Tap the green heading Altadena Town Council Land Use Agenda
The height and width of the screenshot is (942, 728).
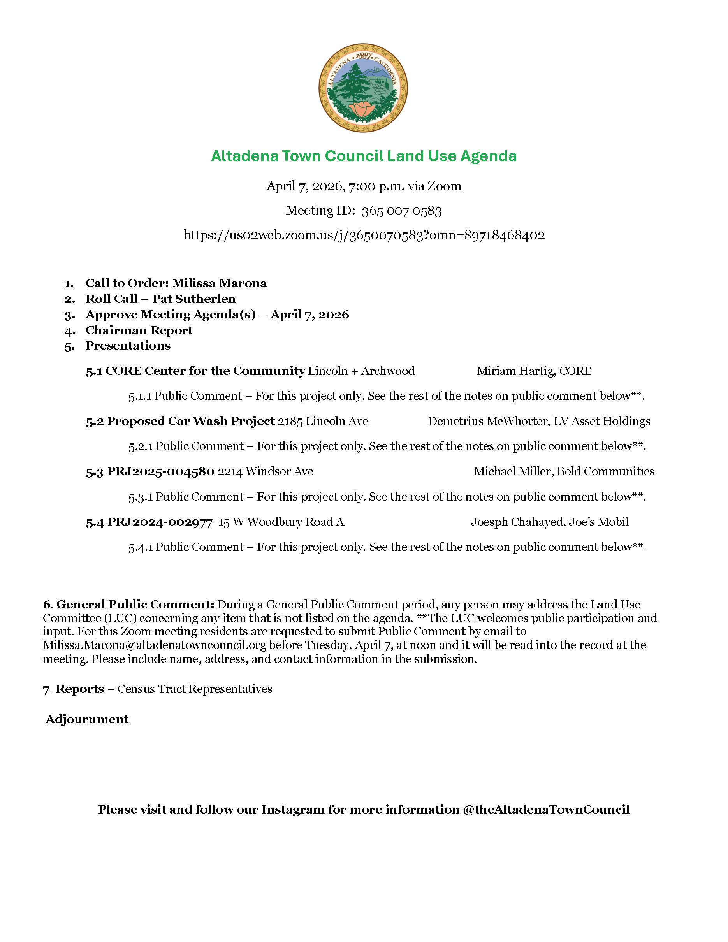point(364,156)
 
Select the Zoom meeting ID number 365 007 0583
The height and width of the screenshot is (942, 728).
point(401,211)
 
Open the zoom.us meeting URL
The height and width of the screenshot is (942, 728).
point(364,235)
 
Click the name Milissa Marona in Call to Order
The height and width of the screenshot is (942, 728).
point(219,283)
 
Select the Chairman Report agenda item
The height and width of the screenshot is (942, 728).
point(139,330)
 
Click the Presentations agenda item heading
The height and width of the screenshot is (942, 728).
point(128,346)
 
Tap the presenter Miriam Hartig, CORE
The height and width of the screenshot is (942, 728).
point(534,371)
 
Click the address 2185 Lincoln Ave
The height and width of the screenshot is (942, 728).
point(323,422)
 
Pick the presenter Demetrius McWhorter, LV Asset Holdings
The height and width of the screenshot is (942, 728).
point(539,422)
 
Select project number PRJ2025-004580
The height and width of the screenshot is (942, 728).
point(161,471)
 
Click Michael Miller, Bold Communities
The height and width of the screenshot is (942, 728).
point(564,471)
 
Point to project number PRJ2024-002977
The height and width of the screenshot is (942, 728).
point(160,522)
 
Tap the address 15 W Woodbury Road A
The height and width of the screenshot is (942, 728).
point(281,522)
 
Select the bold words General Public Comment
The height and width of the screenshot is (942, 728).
point(135,605)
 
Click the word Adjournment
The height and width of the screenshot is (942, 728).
point(87,719)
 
